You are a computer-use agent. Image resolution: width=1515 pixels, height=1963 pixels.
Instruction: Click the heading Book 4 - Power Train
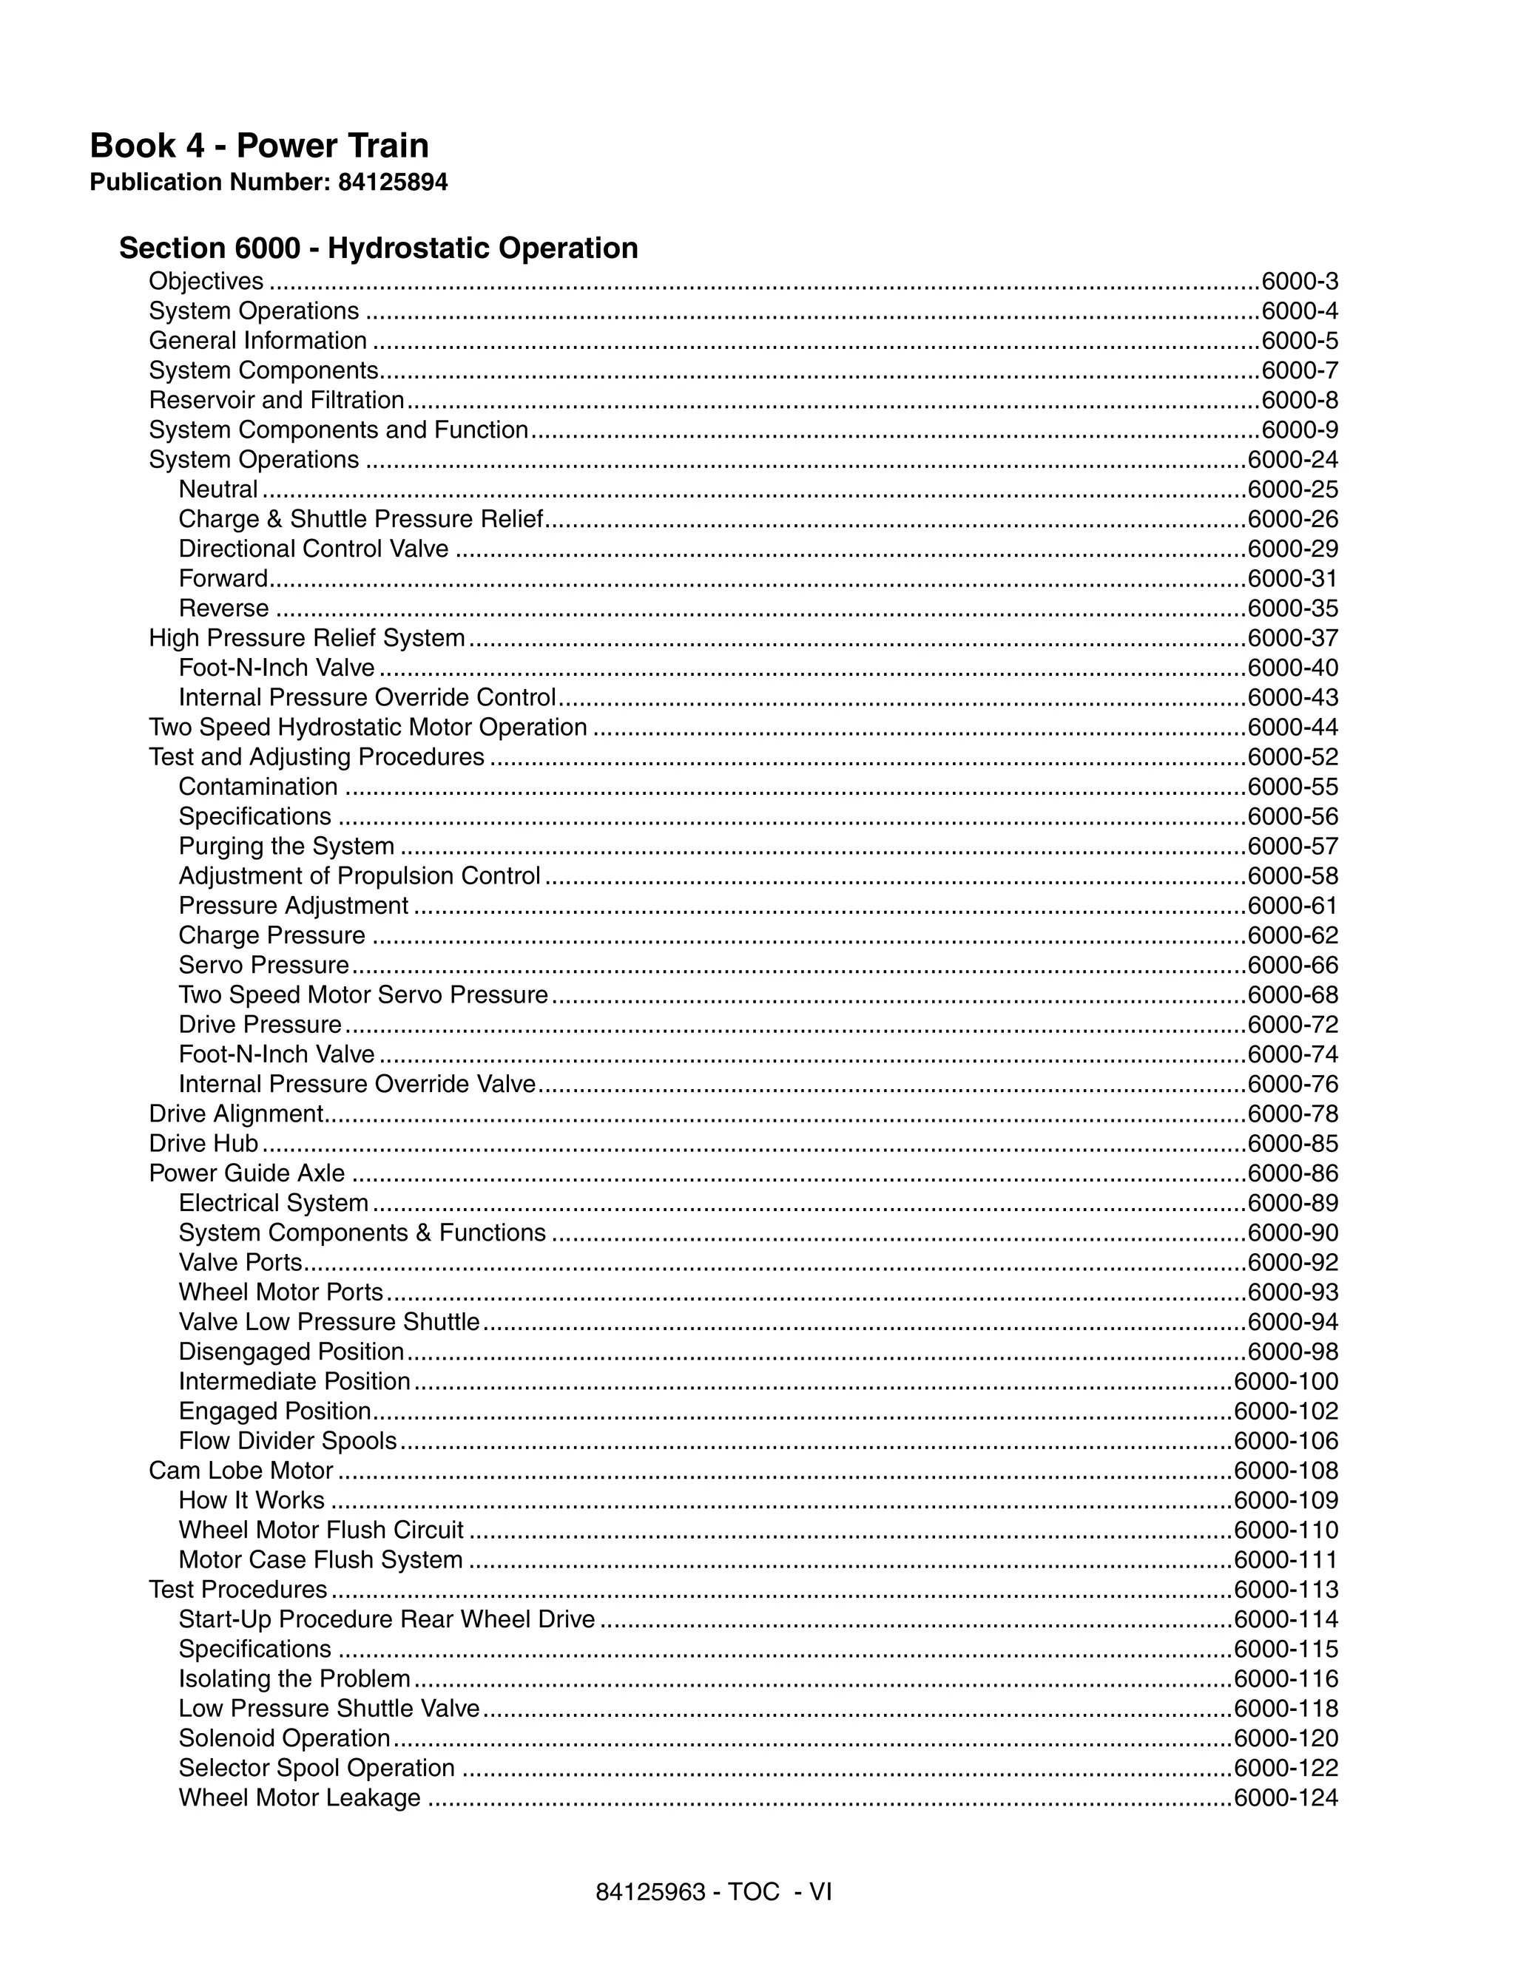(259, 146)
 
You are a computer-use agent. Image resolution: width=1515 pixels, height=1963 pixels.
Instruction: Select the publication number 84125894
(392, 183)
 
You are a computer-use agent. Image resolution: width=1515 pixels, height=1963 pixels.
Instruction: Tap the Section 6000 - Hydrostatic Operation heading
(379, 248)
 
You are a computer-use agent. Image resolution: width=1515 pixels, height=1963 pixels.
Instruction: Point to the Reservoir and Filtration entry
(276, 400)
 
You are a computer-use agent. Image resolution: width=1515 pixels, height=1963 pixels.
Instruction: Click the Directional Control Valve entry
(313, 549)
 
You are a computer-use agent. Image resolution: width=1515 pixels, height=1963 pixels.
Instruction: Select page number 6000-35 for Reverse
(1292, 608)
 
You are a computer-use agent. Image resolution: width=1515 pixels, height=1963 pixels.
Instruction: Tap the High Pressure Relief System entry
(306, 638)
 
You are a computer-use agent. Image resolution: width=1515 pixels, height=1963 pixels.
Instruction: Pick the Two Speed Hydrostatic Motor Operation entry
(367, 727)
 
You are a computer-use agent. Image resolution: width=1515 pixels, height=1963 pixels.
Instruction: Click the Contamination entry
(258, 787)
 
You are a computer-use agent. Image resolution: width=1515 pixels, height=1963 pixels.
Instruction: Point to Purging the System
(286, 846)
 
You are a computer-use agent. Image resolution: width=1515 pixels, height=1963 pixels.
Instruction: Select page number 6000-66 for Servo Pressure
(1292, 966)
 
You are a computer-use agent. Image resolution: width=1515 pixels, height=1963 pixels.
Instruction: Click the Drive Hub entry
(203, 1143)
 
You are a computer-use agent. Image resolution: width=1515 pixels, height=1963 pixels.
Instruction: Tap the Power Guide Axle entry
(246, 1173)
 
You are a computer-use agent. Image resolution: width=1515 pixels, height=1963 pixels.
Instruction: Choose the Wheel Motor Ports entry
(280, 1292)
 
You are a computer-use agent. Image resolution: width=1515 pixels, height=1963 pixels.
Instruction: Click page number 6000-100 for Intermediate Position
(1286, 1381)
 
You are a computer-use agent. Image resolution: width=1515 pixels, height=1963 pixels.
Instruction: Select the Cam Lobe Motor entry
(241, 1471)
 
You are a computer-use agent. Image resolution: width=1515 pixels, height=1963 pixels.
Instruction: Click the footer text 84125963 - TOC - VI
(713, 1892)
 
